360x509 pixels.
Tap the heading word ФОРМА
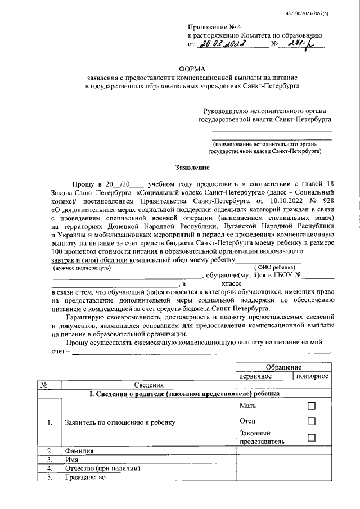[192, 67]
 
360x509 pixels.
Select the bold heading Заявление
[192, 168]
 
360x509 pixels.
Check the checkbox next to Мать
[312, 406]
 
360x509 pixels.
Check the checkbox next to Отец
[312, 421]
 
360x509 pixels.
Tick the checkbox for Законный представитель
[312, 438]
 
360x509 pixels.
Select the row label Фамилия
[79, 451]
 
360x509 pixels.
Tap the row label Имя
[72, 460]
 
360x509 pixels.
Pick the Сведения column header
[148, 385]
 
